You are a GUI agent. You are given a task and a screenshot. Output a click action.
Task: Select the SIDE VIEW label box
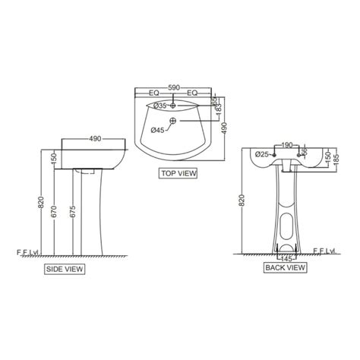click(65, 268)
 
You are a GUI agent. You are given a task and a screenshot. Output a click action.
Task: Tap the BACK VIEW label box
click(285, 268)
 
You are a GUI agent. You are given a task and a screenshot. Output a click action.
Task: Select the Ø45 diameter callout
click(157, 130)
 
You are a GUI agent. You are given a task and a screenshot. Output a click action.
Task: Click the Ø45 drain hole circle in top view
click(174, 121)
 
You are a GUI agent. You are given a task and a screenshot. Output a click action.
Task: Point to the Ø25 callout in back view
click(261, 154)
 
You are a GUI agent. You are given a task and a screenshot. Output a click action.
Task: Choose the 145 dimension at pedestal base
click(286, 258)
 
